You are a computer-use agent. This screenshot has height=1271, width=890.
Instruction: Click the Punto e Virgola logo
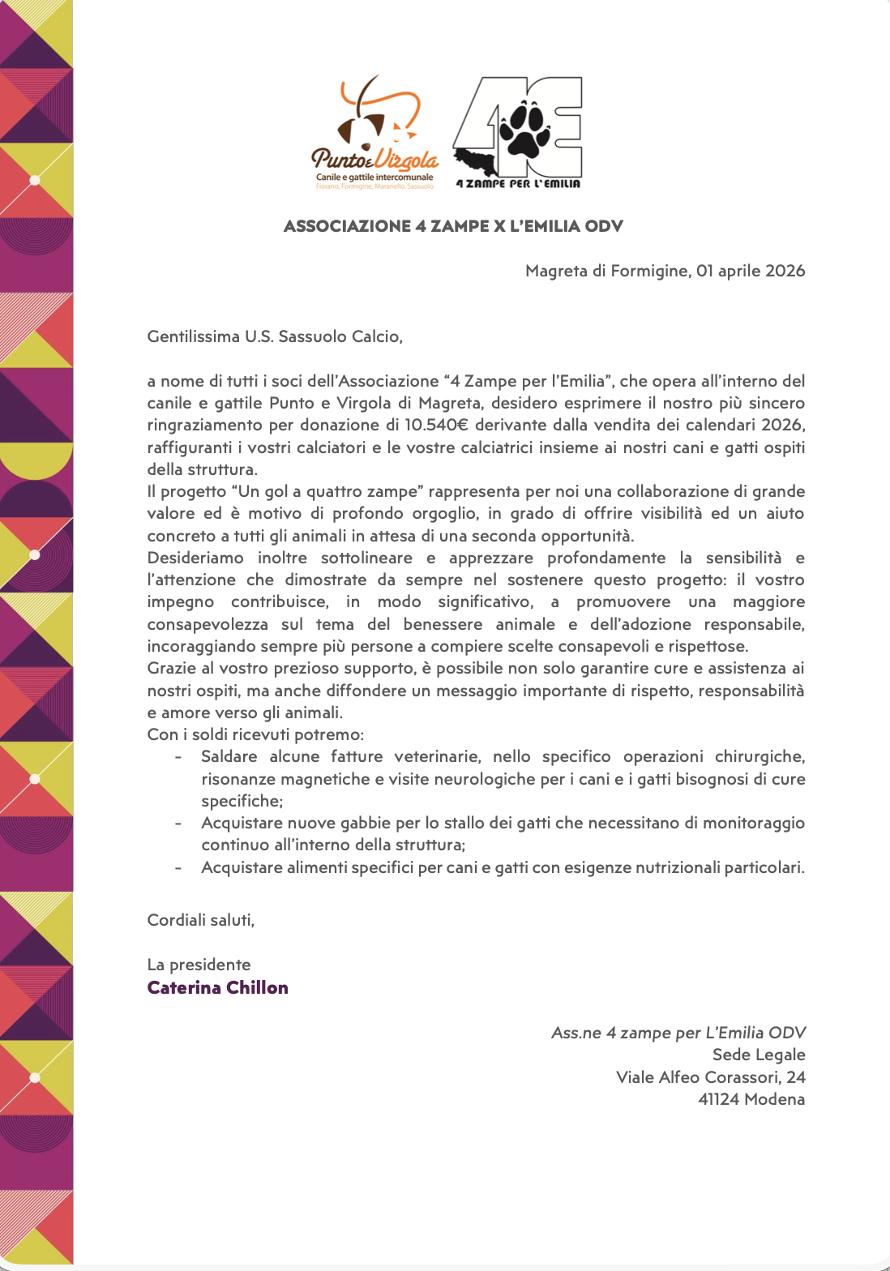tap(374, 134)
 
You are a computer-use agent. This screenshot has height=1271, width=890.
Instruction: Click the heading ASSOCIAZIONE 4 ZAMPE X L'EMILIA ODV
tap(453, 226)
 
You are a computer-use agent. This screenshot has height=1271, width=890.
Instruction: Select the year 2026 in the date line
tap(785, 271)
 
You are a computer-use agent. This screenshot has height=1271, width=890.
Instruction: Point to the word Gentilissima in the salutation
tap(194, 336)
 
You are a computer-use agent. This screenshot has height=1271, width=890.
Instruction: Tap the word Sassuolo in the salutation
tap(313, 336)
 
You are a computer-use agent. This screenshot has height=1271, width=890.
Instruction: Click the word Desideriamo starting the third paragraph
tap(195, 558)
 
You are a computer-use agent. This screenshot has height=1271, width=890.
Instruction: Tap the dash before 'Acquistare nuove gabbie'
tap(178, 824)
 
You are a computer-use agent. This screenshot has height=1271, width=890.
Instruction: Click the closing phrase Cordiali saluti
tap(201, 920)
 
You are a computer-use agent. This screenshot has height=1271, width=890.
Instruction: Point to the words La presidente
tap(199, 965)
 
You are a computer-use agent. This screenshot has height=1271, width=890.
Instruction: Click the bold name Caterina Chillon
tap(217, 987)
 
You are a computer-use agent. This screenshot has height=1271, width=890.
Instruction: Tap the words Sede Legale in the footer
tap(758, 1055)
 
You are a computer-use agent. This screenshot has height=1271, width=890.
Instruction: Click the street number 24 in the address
tap(796, 1077)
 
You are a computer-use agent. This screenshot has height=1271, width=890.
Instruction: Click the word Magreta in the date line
tap(556, 271)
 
